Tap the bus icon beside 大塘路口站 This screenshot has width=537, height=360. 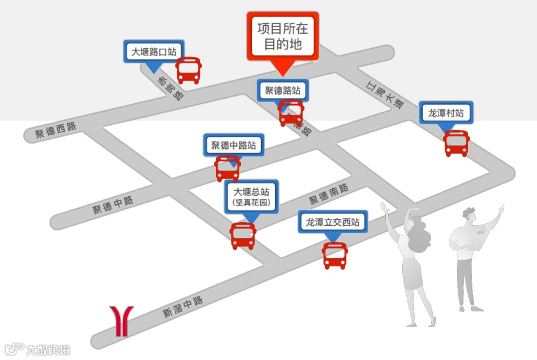189,71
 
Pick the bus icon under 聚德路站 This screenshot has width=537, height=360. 291,113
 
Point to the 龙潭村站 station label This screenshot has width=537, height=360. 446,113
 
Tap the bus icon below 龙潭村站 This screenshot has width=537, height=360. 456,143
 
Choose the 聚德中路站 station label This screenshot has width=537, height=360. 233,146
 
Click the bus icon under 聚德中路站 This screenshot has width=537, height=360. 228,168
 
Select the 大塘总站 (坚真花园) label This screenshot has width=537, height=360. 251,196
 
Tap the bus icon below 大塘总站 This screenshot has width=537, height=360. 243,236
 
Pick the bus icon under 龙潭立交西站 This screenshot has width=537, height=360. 335,255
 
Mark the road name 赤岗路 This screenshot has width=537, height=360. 170,88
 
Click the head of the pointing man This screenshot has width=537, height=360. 469,216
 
